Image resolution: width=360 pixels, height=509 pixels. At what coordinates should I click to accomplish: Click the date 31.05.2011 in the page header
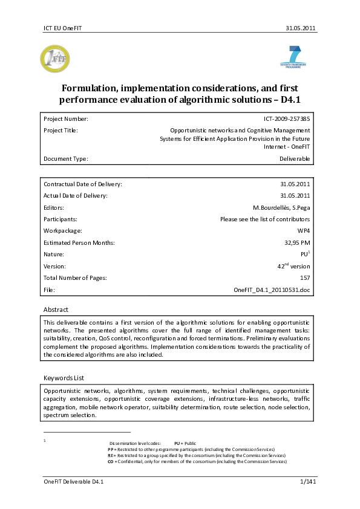pyautogui.click(x=301, y=28)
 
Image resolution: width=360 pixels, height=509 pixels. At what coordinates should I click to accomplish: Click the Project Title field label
pyautogui.click(x=61, y=130)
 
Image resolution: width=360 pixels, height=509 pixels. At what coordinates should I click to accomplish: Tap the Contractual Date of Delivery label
pyautogui.click(x=83, y=183)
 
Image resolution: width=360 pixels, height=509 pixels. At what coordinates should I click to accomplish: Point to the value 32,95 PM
pyautogui.click(x=296, y=242)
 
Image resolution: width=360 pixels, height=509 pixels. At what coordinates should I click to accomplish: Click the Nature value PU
pyautogui.click(x=304, y=254)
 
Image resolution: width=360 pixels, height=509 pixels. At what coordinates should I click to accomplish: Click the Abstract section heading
pyautogui.click(x=56, y=310)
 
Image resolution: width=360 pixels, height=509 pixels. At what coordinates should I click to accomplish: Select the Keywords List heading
pyautogui.click(x=64, y=378)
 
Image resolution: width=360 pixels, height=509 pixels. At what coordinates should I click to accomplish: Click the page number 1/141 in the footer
pyautogui.click(x=309, y=481)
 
